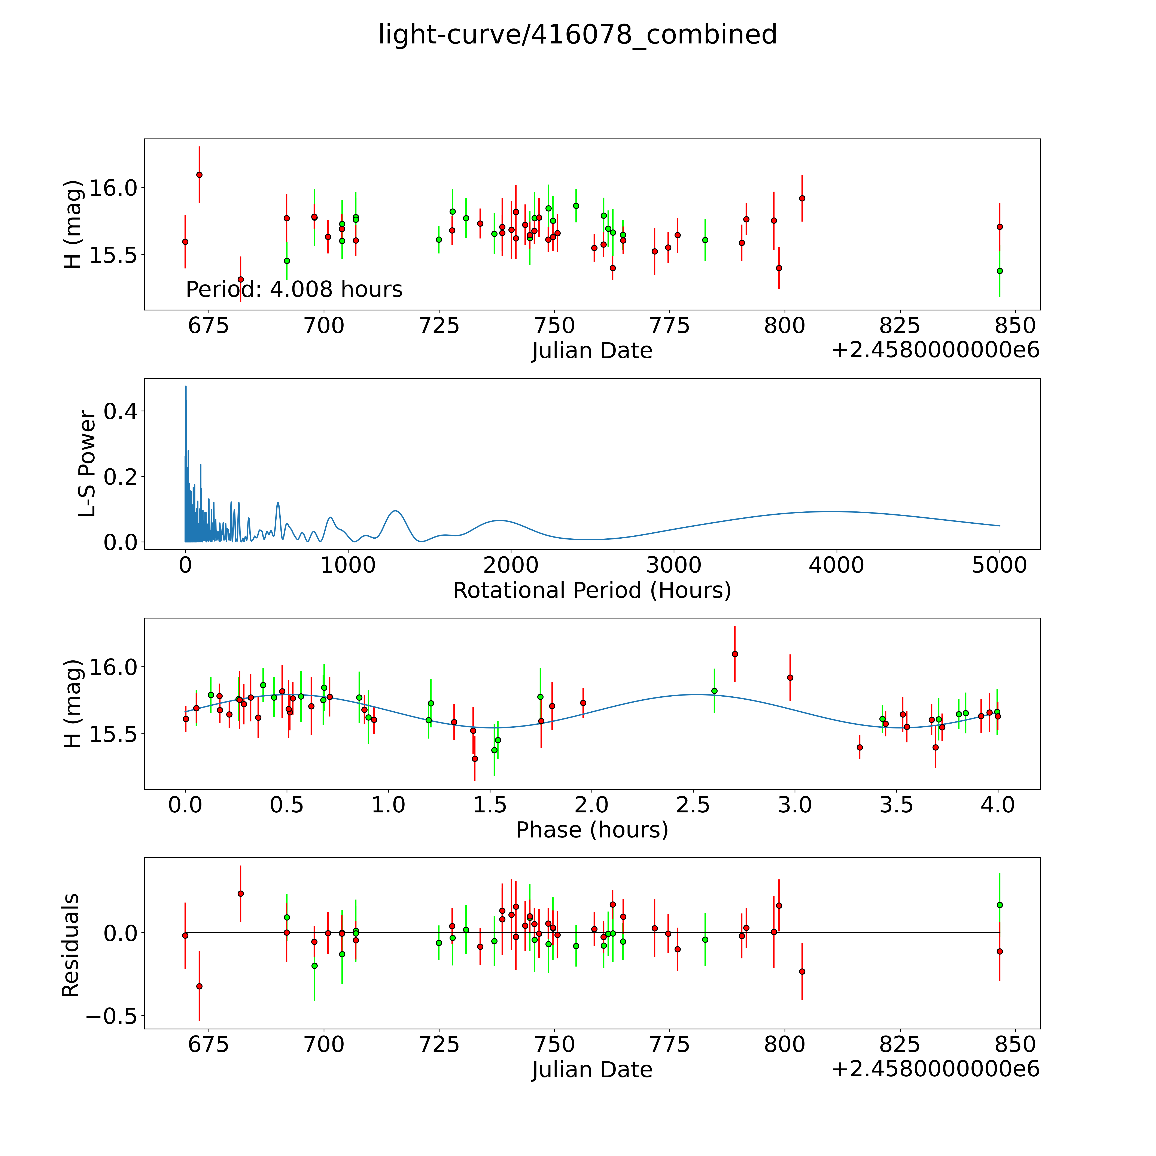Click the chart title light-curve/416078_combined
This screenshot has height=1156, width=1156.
click(x=577, y=35)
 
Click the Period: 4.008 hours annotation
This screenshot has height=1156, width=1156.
click(x=294, y=290)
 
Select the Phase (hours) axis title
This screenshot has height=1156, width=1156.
click(x=592, y=830)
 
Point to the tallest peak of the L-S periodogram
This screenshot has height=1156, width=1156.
click(x=185, y=387)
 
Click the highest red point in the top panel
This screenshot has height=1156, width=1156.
click(x=199, y=175)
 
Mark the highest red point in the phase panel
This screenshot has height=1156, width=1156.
click(x=735, y=654)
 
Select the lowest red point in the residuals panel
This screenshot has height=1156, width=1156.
click(x=199, y=986)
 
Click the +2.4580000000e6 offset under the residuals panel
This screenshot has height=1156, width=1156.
click(x=935, y=1069)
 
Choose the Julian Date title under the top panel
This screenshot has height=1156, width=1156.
click(x=592, y=351)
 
